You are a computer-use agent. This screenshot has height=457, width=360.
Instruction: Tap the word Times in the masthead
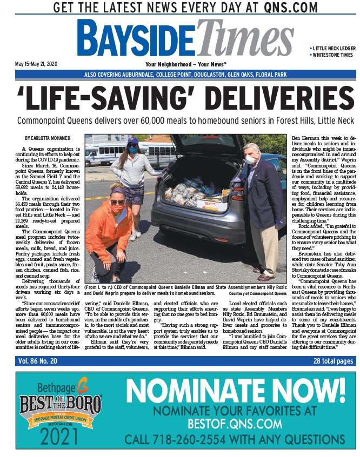(246, 38)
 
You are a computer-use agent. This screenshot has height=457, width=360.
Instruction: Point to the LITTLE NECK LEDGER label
(334, 49)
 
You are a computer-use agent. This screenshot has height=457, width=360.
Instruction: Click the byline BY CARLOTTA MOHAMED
(48, 139)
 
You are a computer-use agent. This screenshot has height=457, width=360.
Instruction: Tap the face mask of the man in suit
(249, 160)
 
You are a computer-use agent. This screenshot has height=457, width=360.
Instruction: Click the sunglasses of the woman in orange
(117, 202)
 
